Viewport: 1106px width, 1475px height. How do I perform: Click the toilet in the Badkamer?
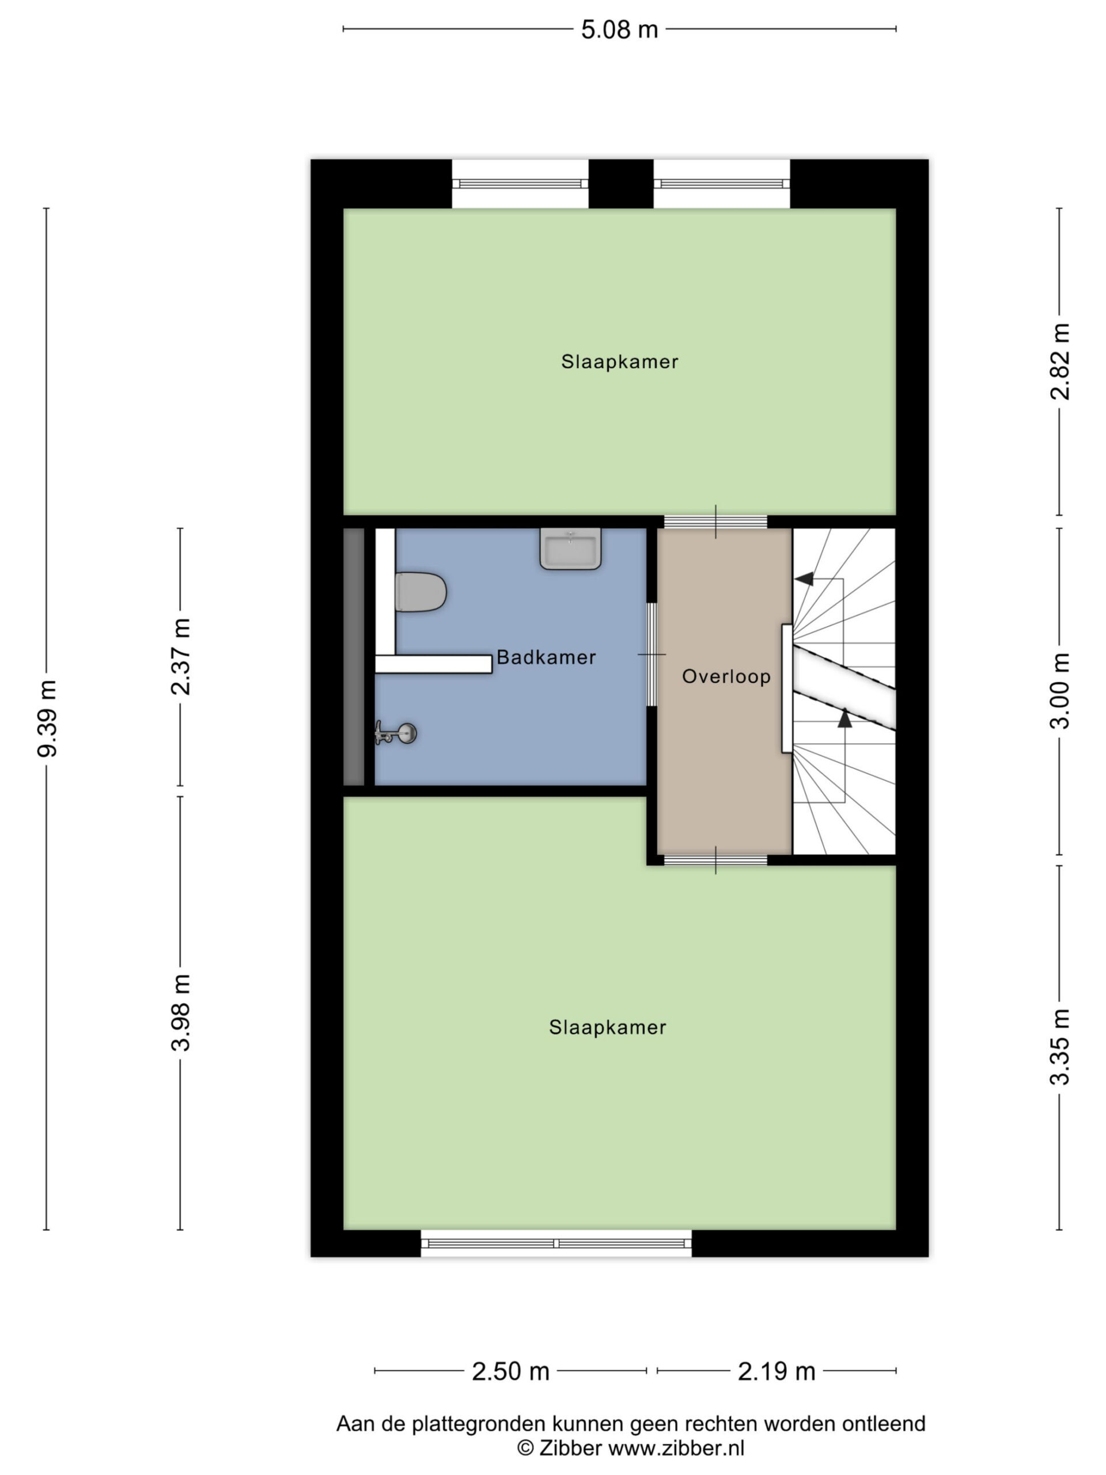point(419,592)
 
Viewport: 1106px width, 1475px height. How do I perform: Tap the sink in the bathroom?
point(570,548)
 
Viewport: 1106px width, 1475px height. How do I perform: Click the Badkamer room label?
point(546,657)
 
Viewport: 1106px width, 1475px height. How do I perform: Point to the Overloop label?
point(726,676)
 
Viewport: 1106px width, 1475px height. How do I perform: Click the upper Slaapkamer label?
point(619,361)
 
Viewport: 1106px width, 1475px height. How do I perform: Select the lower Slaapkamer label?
point(607,1027)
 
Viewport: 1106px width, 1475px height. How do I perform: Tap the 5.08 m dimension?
point(619,30)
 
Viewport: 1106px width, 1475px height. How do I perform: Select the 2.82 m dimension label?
point(1059,361)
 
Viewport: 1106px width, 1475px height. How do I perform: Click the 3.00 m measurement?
point(1059,691)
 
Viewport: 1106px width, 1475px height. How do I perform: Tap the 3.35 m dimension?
point(1059,1047)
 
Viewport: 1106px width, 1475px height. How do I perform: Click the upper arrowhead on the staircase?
point(805,579)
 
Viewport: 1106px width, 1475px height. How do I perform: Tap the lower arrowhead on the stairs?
point(844,718)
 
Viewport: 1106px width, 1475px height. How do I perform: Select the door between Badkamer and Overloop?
point(652,654)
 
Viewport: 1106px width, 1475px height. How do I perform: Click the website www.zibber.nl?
point(676,1448)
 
